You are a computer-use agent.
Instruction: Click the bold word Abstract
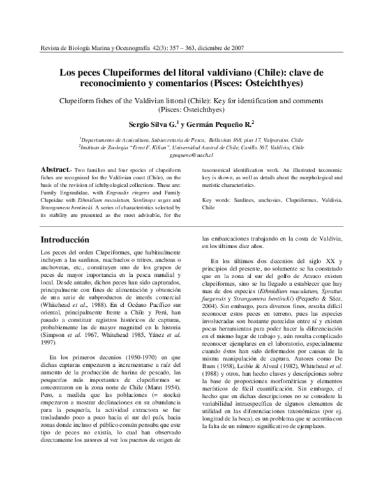click(x=54, y=169)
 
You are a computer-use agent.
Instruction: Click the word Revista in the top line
click(x=51, y=48)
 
